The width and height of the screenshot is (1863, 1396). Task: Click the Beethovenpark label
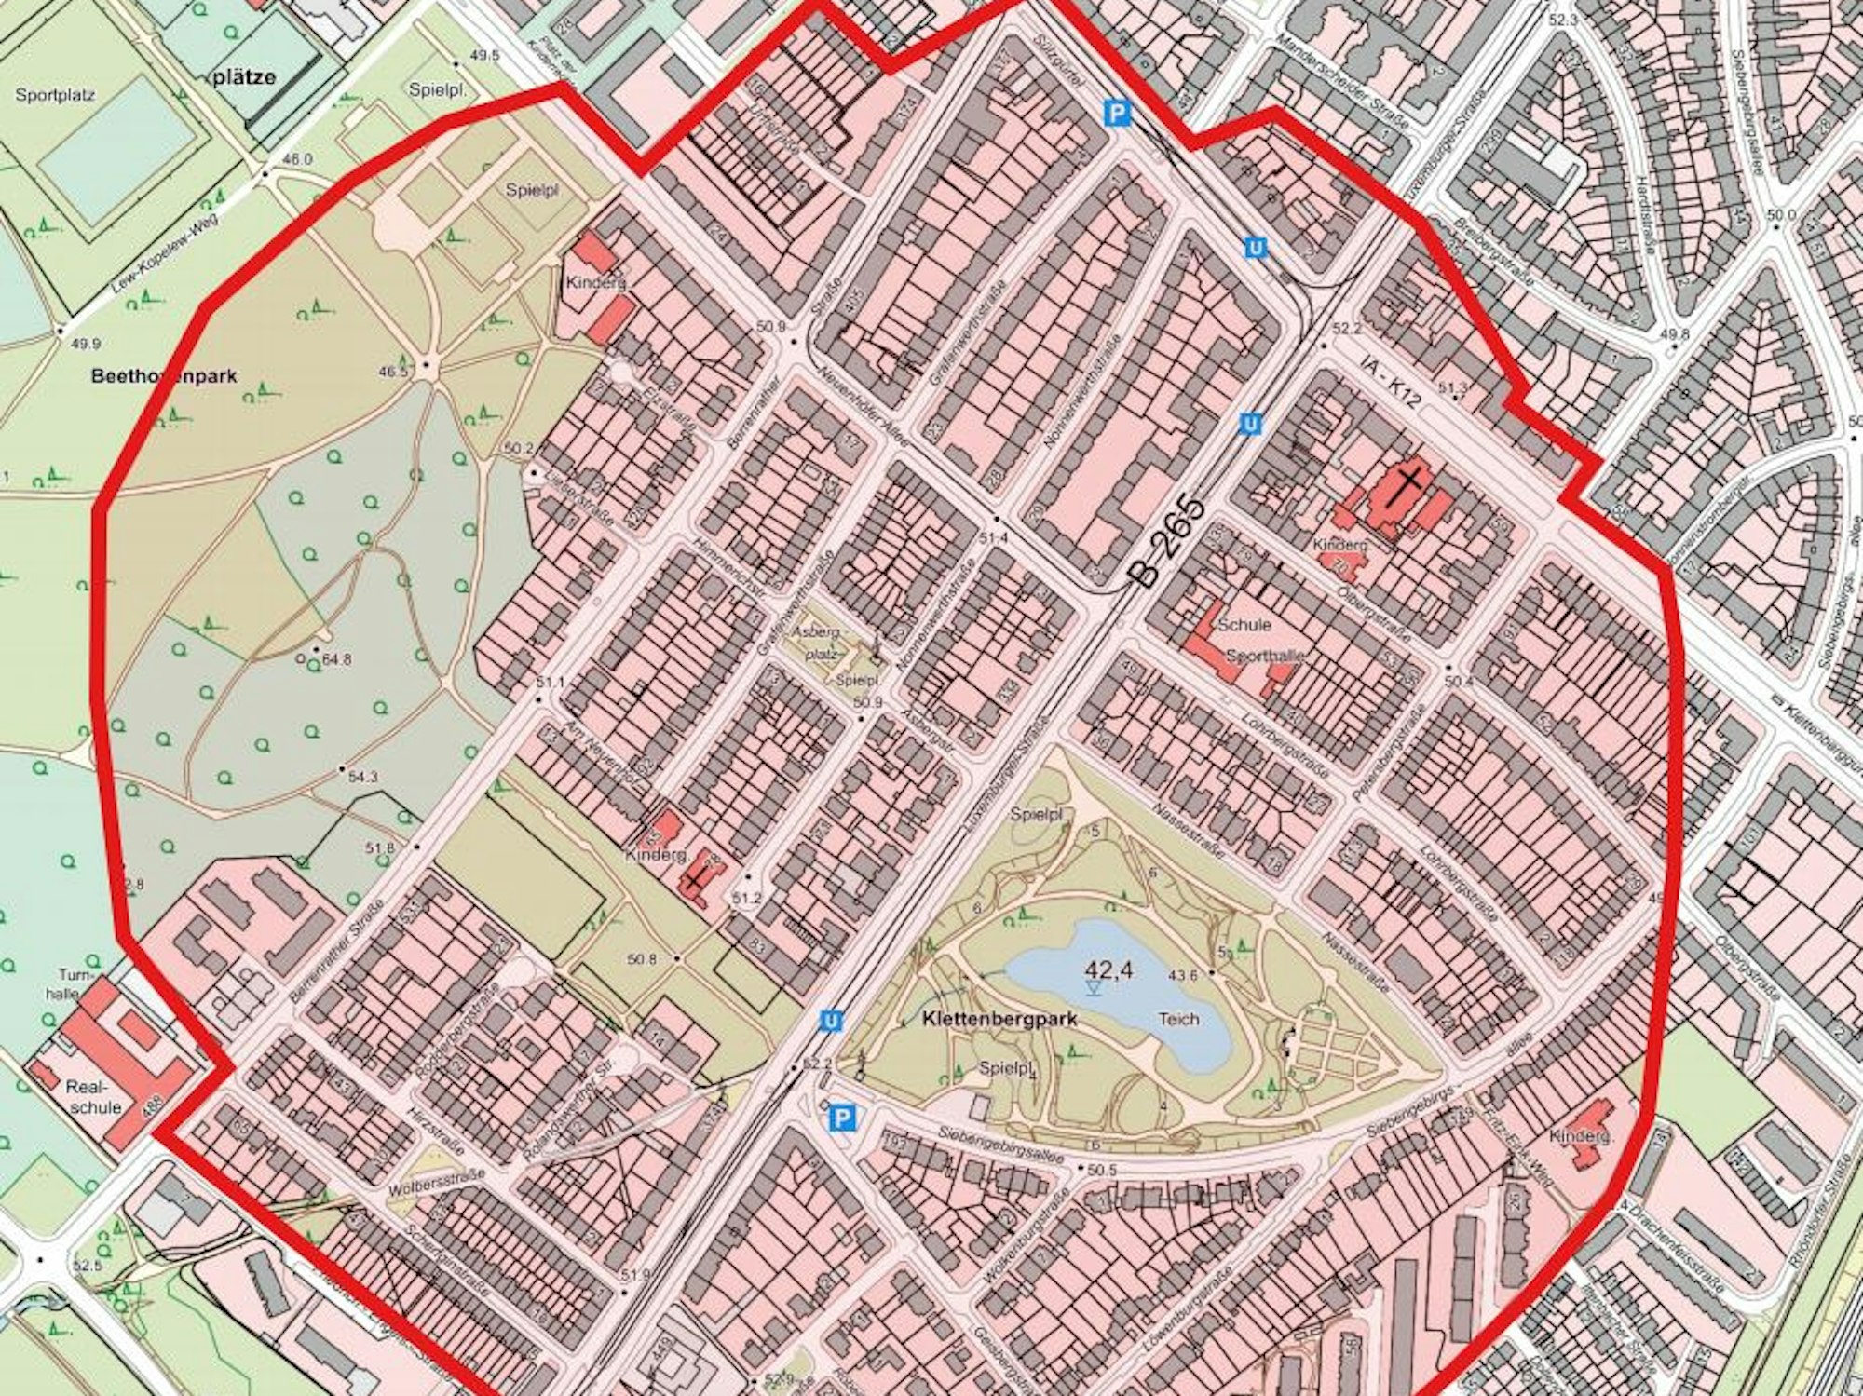[x=164, y=376]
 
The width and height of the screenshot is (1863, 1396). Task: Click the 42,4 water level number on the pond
[x=1108, y=969]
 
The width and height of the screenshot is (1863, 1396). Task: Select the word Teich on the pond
[x=1179, y=1018]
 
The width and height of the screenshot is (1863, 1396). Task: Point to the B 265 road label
[x=1169, y=542]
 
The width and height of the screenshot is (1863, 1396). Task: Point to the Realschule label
[x=94, y=1096]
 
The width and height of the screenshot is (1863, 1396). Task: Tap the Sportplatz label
[x=55, y=95]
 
